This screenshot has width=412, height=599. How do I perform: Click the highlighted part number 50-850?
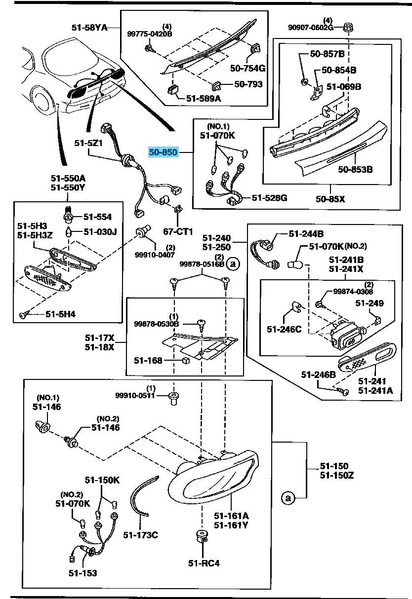(163, 152)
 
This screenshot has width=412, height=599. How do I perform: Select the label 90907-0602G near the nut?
(314, 27)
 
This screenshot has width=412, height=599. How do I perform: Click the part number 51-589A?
(204, 99)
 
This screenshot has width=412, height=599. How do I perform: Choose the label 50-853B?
(355, 170)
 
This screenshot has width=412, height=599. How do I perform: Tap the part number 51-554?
(97, 217)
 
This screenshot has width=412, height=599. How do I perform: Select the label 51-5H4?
(61, 313)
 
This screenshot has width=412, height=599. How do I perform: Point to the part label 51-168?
(148, 360)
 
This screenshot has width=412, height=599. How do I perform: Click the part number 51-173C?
(140, 534)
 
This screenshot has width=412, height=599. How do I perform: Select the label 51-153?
(82, 573)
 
